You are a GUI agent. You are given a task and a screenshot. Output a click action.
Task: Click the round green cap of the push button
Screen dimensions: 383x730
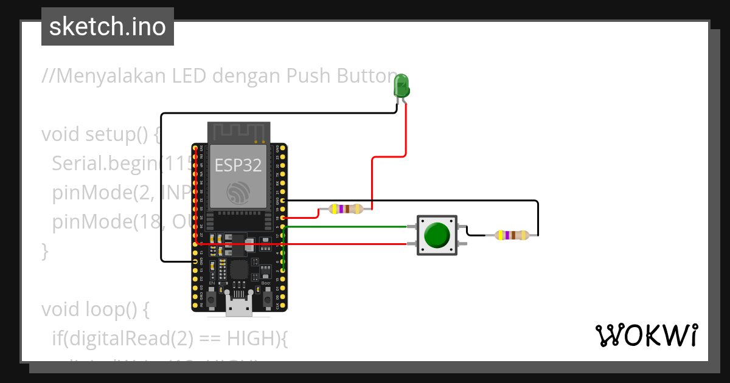(437, 235)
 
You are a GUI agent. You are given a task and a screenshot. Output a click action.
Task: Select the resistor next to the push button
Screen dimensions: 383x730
(512, 235)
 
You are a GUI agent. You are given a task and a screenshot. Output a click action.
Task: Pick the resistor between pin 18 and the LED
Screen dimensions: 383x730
(345, 209)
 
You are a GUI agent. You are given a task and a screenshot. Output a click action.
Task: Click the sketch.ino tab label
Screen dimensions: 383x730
(108, 27)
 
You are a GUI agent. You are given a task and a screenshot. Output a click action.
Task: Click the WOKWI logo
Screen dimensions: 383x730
(646, 335)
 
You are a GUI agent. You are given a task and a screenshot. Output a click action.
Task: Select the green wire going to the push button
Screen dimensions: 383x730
(347, 227)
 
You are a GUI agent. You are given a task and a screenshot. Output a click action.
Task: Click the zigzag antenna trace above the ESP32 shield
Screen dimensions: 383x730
(238, 131)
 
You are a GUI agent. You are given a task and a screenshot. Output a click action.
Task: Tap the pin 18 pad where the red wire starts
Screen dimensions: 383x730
(283, 218)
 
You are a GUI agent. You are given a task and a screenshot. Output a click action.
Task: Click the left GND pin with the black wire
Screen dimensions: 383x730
(195, 261)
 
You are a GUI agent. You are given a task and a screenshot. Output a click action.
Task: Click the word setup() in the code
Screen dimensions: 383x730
(119, 134)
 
